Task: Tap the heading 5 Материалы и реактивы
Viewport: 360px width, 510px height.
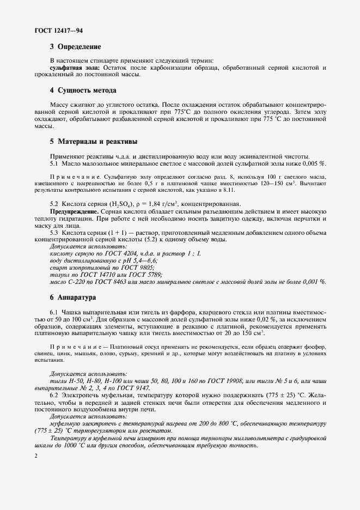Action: point(93,141)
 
